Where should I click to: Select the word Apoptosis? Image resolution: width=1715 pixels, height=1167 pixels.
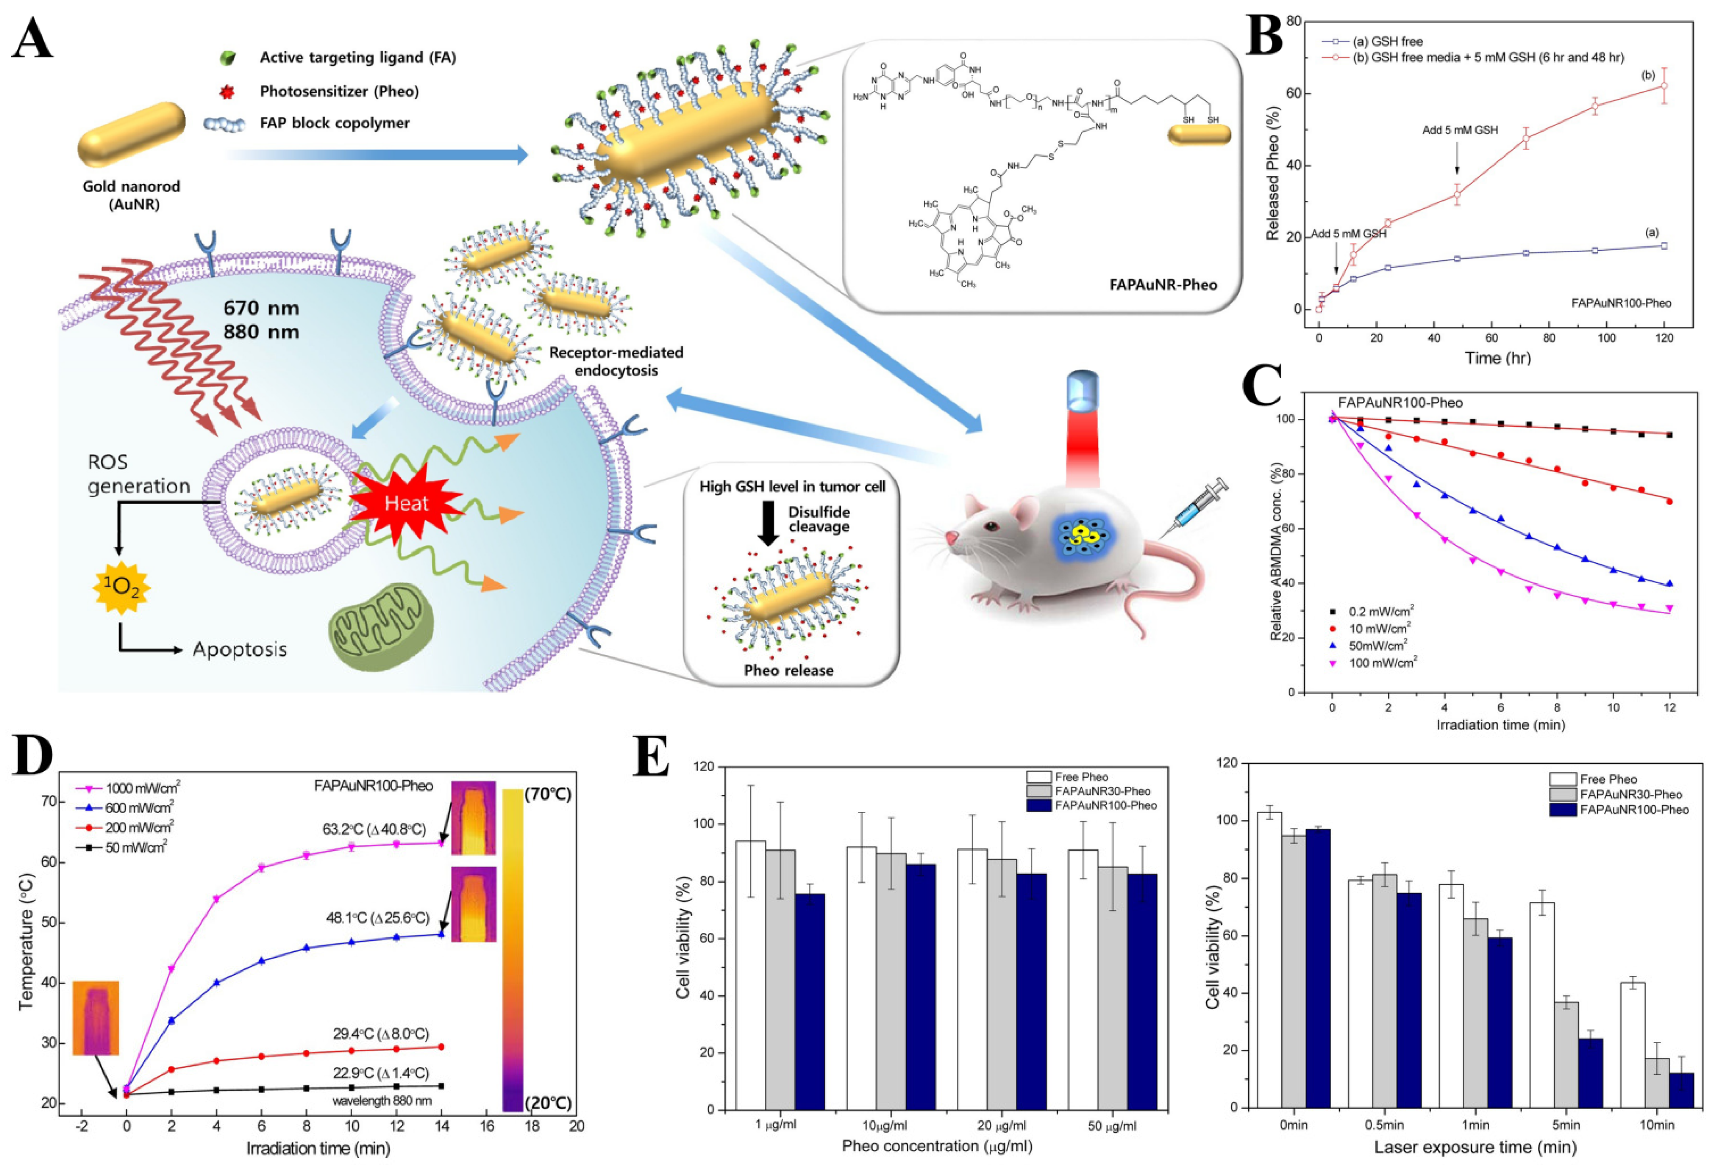coord(239,650)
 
